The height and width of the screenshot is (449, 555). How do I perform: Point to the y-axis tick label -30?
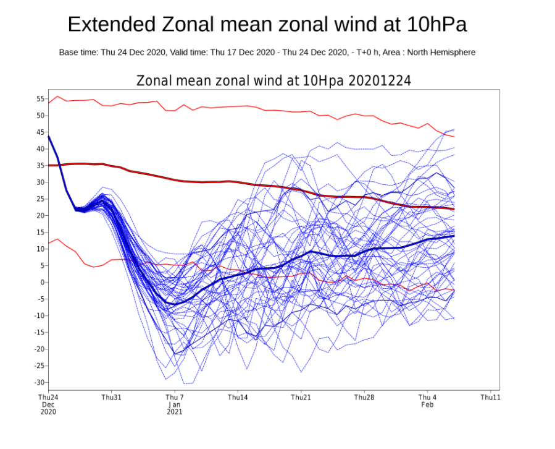coord(40,382)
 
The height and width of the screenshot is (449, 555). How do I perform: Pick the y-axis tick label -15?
coord(40,332)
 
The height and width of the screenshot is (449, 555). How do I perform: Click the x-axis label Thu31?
coord(111,397)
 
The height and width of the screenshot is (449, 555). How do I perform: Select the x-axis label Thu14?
coord(238,397)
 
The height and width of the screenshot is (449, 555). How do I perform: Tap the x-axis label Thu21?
coord(301,397)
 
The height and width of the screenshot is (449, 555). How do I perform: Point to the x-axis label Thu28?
coord(364,397)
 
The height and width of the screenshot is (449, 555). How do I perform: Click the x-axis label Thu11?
coord(490,397)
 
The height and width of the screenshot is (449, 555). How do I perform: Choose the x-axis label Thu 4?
coord(427,397)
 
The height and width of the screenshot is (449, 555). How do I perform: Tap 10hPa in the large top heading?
coord(436,25)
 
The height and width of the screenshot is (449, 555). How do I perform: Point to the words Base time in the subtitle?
coord(78,53)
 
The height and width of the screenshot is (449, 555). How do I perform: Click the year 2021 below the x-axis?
coord(175,412)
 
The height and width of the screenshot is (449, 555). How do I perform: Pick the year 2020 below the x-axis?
coord(48,412)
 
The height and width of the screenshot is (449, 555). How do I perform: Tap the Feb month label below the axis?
coord(427,404)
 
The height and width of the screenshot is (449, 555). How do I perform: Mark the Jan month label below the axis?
coord(175,404)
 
